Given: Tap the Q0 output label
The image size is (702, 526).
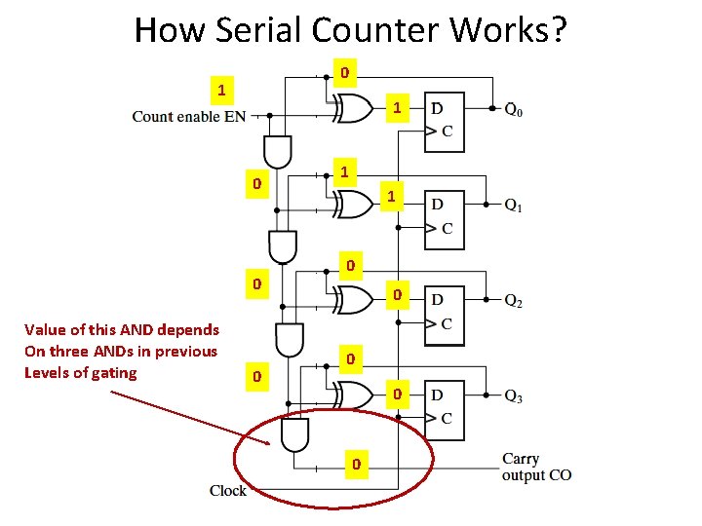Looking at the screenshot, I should click(x=513, y=110).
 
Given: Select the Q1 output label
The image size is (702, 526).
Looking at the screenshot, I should click(x=513, y=206).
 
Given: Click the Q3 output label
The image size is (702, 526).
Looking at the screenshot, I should click(x=513, y=396).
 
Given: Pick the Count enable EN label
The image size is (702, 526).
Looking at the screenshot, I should click(x=188, y=117).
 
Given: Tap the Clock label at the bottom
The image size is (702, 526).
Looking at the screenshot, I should click(x=228, y=490).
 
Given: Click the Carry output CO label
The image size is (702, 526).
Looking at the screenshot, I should click(x=536, y=467).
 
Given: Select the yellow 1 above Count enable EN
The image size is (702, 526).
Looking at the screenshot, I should click(x=222, y=90).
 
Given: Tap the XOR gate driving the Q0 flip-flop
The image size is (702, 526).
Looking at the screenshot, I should click(x=354, y=110).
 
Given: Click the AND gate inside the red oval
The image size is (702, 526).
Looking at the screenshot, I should click(x=292, y=436).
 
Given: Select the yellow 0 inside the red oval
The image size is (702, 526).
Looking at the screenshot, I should click(x=357, y=464).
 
